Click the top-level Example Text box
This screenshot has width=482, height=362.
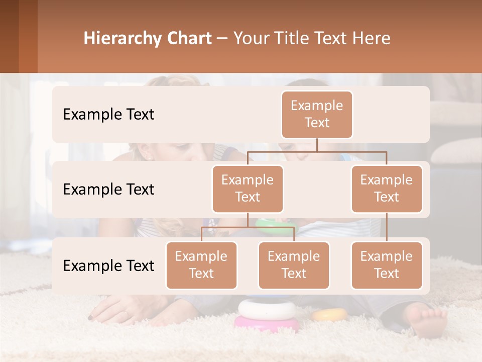click(317, 115)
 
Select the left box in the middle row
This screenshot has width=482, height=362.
click(248, 189)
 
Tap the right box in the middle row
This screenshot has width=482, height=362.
click(387, 189)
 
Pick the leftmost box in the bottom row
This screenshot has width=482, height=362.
click(201, 265)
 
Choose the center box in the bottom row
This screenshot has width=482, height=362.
click(294, 265)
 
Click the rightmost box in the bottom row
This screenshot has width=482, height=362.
click(387, 265)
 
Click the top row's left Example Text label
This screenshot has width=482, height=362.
click(108, 115)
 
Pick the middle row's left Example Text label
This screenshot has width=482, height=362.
click(108, 190)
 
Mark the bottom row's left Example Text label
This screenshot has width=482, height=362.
click(108, 266)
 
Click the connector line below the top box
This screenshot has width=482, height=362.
click(317, 145)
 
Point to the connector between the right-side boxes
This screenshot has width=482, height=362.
click(387, 227)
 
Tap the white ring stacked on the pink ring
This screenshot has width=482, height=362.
click(267, 308)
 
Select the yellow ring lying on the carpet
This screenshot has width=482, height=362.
click(330, 315)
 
